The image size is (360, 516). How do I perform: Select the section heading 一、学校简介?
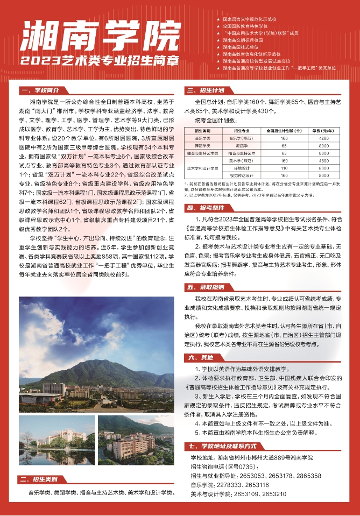click(43, 90)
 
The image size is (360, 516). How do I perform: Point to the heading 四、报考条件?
click(205, 207)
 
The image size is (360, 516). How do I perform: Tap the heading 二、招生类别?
click(43, 479)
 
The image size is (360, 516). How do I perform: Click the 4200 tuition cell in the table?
click(323, 138)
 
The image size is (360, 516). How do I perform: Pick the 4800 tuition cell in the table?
click(323, 160)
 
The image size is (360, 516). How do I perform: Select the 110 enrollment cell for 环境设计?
click(285, 168)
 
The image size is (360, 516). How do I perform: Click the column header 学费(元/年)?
click(323, 130)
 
